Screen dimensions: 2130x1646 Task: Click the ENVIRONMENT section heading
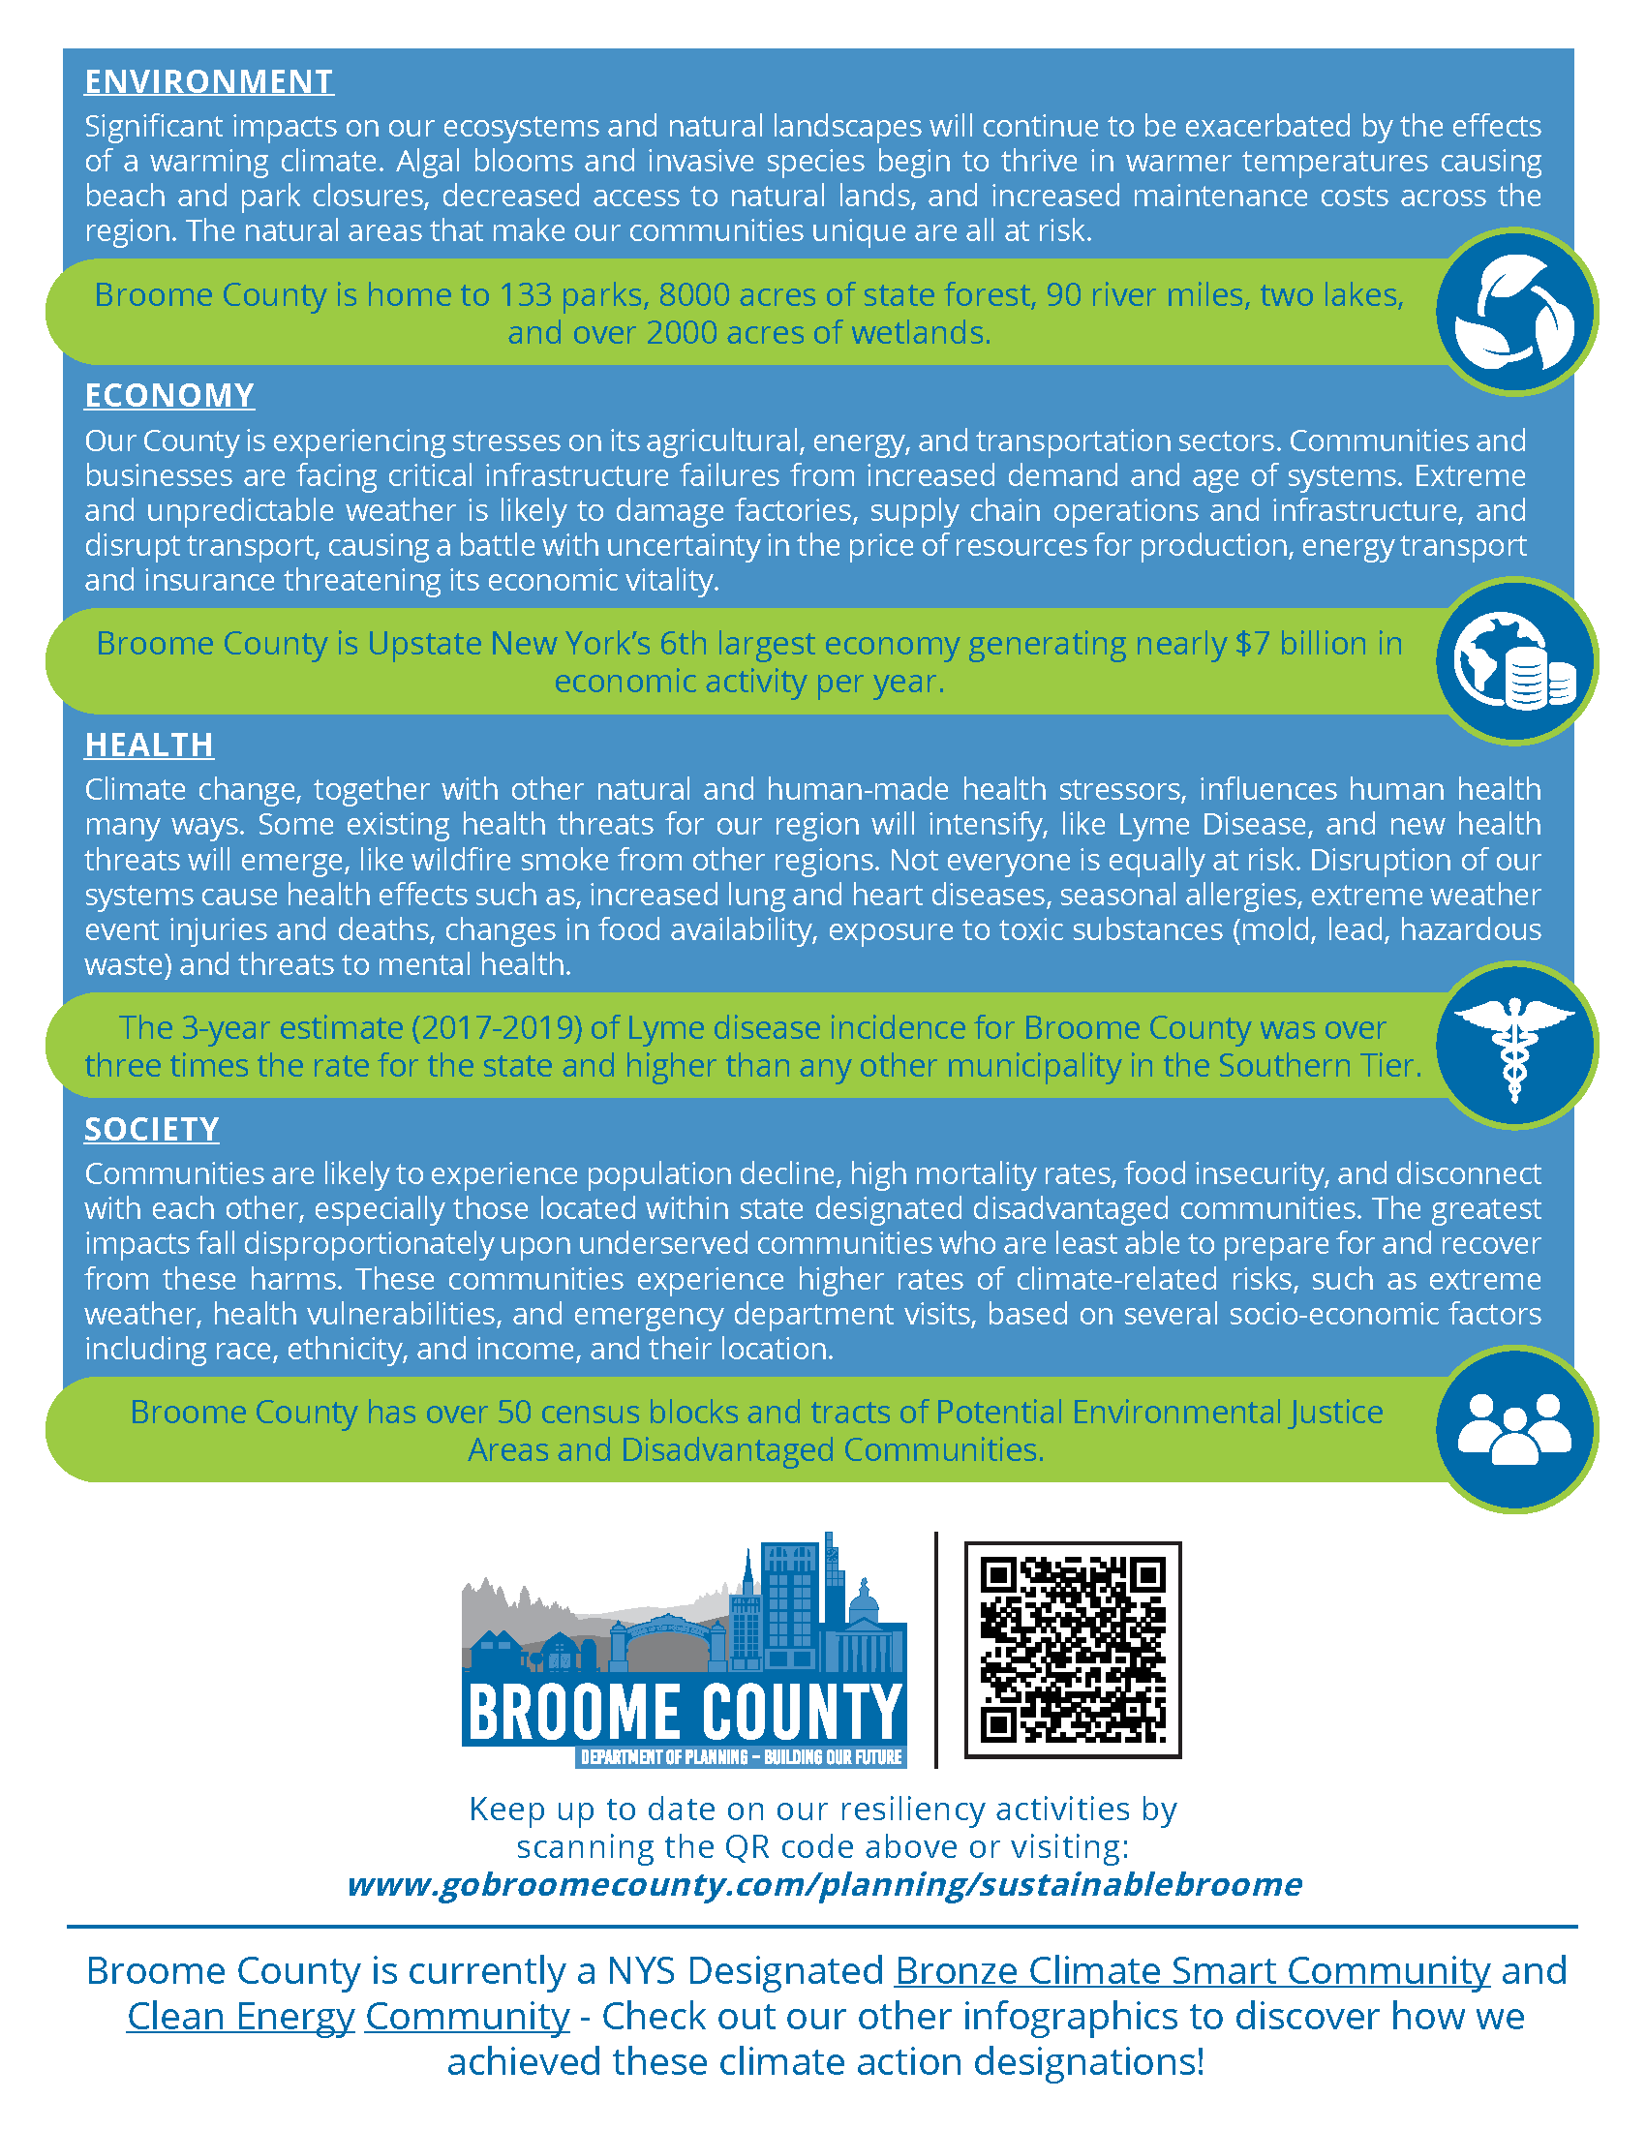(209, 82)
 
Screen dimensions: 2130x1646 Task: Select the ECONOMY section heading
(168, 396)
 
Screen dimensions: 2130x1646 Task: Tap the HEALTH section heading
(148, 745)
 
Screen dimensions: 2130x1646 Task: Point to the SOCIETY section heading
(151, 1129)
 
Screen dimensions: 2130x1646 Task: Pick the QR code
(1073, 1650)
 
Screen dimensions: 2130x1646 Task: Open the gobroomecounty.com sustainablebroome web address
(824, 1884)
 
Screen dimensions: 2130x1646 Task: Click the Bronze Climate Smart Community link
(1192, 1971)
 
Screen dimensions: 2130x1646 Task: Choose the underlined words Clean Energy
(240, 2016)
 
